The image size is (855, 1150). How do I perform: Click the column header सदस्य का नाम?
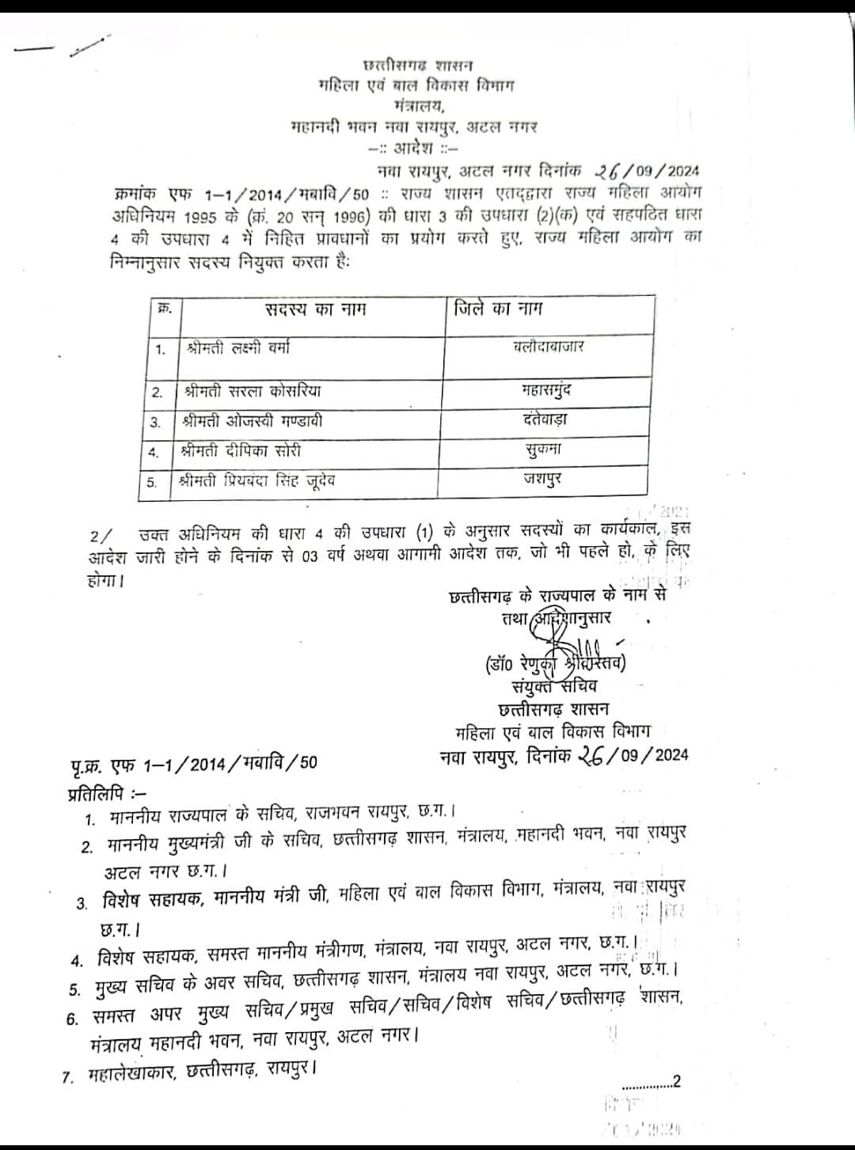[315, 309]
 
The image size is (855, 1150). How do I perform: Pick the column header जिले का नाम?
[498, 309]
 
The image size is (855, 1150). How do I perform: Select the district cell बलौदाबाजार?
[548, 346]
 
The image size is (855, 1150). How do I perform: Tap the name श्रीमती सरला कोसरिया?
[252, 391]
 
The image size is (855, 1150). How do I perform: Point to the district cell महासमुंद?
[547, 389]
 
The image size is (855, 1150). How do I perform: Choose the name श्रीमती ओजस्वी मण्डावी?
[252, 421]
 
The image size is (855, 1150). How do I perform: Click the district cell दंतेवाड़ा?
[545, 419]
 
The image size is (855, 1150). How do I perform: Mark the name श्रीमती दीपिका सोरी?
[241, 451]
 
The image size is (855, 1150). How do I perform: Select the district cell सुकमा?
[544, 450]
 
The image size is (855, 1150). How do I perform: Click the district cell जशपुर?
[543, 480]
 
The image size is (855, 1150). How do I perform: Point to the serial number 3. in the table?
[155, 423]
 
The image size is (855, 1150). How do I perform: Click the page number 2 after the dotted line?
[676, 1082]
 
